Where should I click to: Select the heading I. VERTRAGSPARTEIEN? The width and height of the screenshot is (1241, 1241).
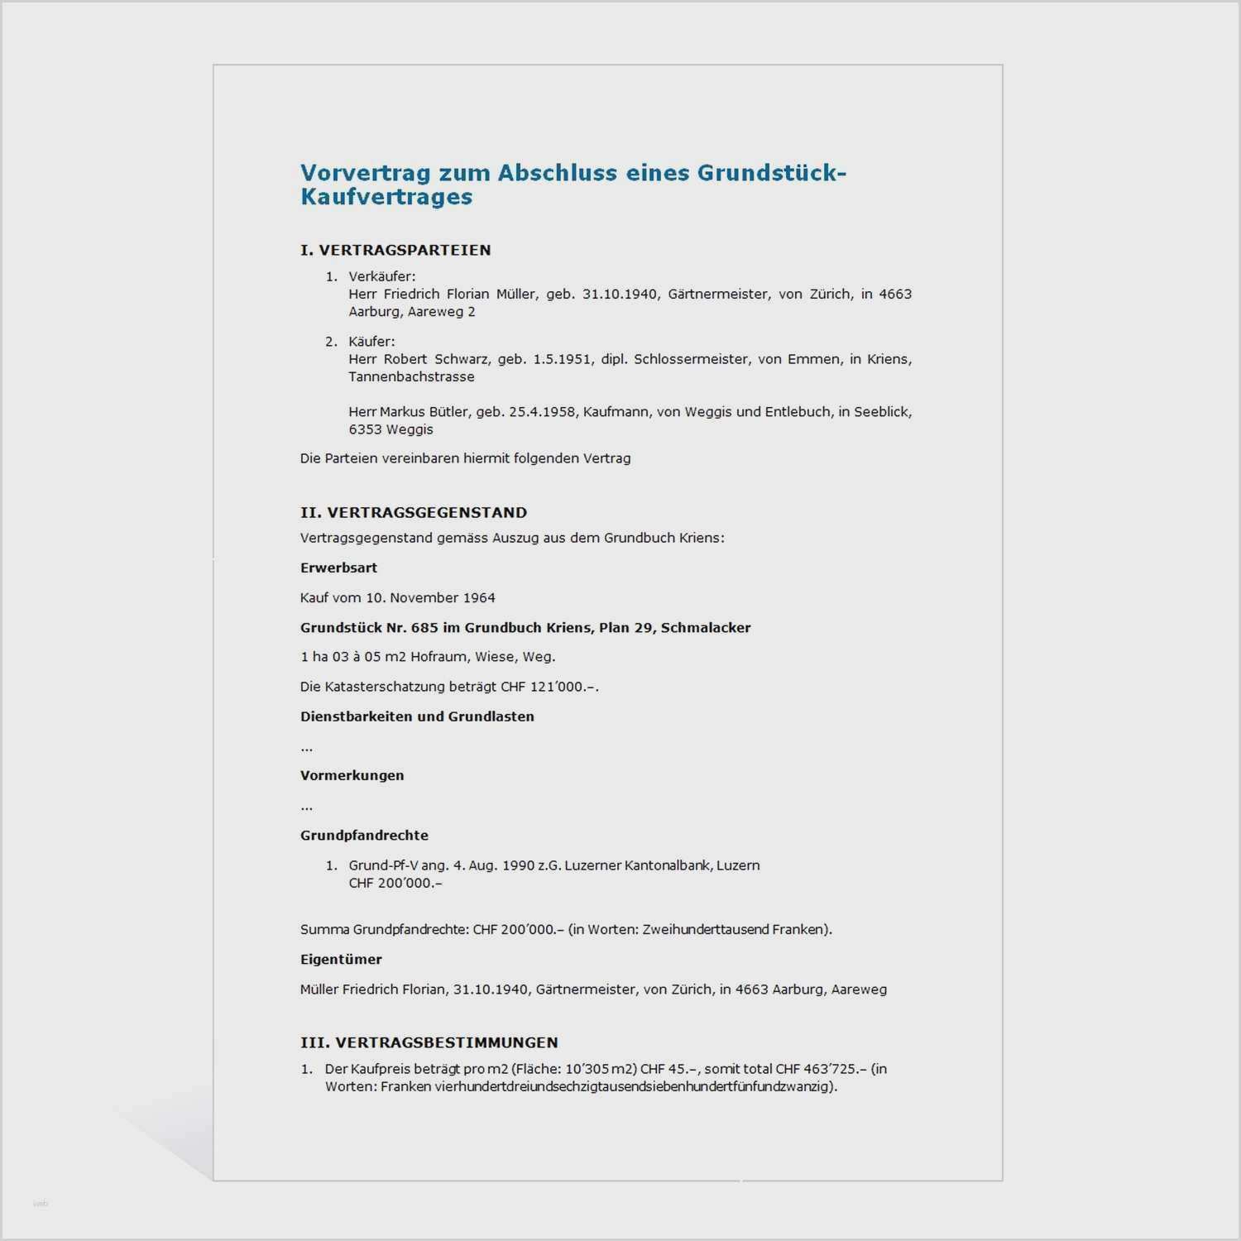(x=395, y=250)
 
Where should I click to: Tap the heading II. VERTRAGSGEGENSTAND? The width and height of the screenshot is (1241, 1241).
(x=414, y=512)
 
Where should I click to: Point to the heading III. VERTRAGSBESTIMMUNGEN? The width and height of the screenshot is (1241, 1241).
(x=429, y=1042)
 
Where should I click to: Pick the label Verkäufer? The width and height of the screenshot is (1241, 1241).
(x=381, y=276)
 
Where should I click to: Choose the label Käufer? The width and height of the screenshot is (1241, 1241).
(x=371, y=341)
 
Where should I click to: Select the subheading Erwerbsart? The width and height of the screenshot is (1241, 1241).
(x=338, y=568)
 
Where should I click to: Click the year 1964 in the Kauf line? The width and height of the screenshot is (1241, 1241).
(x=479, y=597)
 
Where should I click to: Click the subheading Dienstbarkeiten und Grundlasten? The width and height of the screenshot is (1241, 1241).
(x=417, y=716)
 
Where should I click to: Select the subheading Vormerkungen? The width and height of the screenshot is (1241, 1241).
(x=352, y=775)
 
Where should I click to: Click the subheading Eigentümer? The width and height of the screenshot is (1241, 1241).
(x=341, y=960)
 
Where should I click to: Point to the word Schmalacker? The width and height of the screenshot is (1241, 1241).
(x=706, y=627)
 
